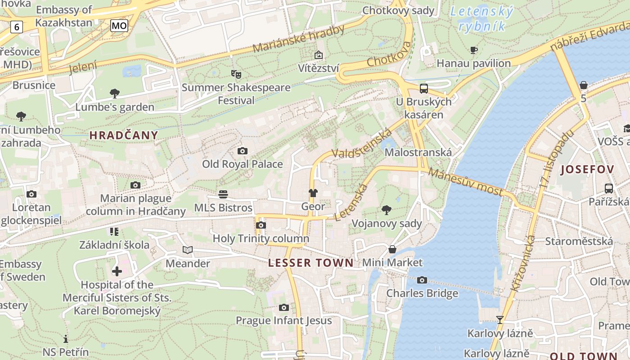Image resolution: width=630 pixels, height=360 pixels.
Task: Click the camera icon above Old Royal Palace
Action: [242, 151]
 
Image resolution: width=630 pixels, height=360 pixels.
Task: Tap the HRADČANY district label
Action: [124, 135]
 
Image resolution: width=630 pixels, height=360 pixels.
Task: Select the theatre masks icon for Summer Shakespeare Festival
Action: [236, 74]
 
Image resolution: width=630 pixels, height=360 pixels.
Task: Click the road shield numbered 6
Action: [17, 27]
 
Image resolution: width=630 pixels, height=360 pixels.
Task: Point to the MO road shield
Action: [119, 26]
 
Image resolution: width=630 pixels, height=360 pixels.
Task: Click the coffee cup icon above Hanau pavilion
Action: [473, 50]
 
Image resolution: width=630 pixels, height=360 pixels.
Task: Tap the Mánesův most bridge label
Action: [465, 182]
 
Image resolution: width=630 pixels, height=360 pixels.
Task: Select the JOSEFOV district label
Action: [587, 170]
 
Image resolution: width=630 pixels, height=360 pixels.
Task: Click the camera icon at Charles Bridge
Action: [422, 280]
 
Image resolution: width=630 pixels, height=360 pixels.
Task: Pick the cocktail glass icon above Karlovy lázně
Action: [499, 320]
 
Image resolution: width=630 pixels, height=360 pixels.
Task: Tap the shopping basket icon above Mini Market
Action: [392, 249]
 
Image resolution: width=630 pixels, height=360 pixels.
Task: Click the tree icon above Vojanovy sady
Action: [386, 210]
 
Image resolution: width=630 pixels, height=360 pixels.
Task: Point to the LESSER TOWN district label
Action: [311, 263]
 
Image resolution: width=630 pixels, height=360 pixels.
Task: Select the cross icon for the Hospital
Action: [117, 271]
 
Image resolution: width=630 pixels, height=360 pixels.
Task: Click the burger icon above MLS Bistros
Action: [223, 194]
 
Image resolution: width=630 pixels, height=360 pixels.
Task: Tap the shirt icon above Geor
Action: [313, 193]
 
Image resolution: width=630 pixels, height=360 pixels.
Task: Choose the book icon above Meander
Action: [188, 250]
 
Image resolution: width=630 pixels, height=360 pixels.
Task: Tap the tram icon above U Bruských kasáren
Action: [423, 88]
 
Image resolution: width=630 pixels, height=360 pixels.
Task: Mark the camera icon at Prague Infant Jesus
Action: [283, 307]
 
